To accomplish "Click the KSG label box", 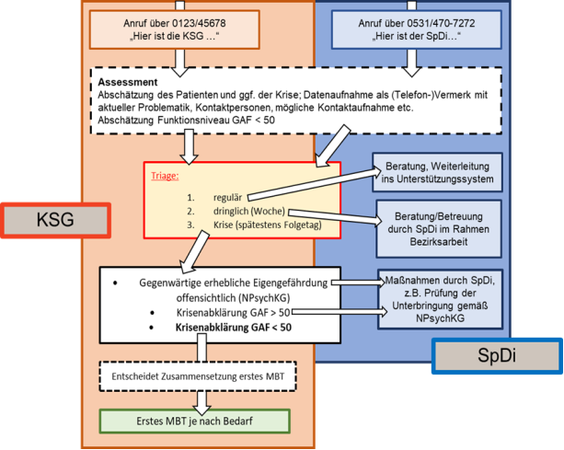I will [x=55, y=222].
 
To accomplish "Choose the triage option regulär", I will [x=226, y=197].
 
